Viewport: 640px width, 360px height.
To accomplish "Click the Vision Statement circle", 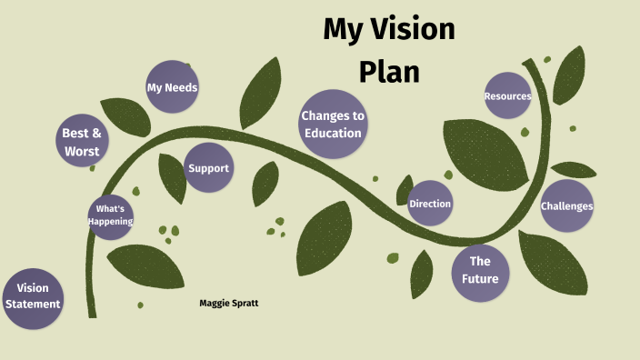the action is (33, 296).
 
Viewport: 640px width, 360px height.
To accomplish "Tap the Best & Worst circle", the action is (82, 142).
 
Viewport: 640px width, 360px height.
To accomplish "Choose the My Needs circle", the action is (172, 87).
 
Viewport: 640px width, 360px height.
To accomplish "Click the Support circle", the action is (208, 168).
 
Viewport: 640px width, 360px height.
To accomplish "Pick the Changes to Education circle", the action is (333, 125).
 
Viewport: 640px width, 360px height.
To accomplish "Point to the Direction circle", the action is (430, 204).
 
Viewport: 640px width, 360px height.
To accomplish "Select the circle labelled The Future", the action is (480, 270).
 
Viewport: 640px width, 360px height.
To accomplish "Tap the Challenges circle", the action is (567, 205).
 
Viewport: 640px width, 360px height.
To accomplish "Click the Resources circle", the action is (507, 95).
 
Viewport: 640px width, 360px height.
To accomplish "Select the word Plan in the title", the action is (389, 71).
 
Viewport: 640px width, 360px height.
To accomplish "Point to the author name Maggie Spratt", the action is (229, 303).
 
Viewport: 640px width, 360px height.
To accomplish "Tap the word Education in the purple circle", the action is (333, 133).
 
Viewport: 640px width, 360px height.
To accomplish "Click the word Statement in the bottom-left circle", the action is (33, 305).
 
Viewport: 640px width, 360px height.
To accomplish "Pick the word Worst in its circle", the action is (82, 151).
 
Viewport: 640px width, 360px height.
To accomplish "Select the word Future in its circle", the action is (480, 278).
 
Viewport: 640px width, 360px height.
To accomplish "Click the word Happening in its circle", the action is (111, 222).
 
